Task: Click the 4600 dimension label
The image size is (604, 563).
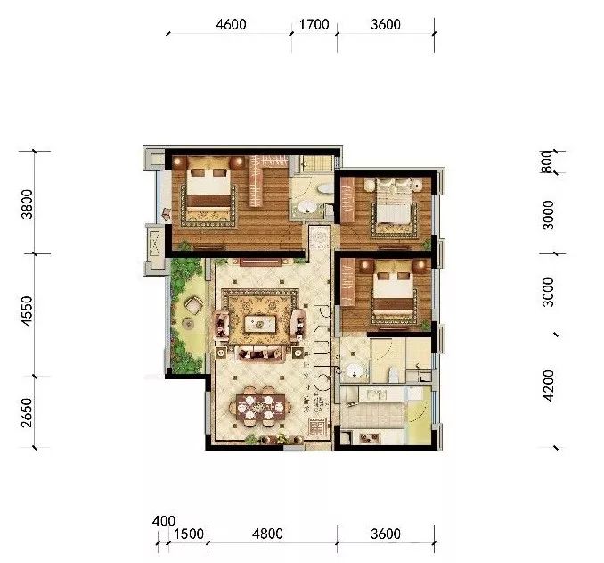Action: click(x=231, y=25)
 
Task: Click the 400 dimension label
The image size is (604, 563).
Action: click(x=164, y=519)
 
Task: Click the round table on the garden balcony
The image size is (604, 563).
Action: click(x=192, y=306)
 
